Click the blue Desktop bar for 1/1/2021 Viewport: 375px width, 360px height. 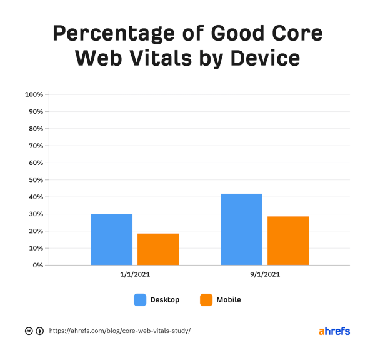pyautogui.click(x=111, y=239)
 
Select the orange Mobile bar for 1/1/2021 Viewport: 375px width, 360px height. pyautogui.click(x=158, y=249)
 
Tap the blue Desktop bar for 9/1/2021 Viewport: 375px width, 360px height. pyautogui.click(x=241, y=229)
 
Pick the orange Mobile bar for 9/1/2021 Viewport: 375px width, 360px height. pyautogui.click(x=288, y=241)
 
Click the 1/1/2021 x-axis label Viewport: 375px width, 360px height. pyautogui.click(x=134, y=274)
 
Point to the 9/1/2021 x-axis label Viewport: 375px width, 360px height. pyautogui.click(x=265, y=274)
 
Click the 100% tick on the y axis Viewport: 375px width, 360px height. pyautogui.click(x=34, y=94)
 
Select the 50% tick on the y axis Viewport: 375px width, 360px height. pyautogui.click(x=35, y=180)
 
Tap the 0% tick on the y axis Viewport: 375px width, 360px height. pyautogui.click(x=37, y=265)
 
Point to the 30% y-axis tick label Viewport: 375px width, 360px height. pyautogui.click(x=35, y=214)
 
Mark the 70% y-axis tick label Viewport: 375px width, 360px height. pyautogui.click(x=35, y=146)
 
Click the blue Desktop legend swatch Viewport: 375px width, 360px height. pyautogui.click(x=140, y=300)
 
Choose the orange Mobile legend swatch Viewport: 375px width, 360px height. pyautogui.click(x=206, y=300)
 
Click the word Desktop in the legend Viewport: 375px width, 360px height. pyautogui.click(x=165, y=300)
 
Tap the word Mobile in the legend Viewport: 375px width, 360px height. pyautogui.click(x=229, y=300)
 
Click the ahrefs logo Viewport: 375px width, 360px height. pyautogui.click(x=334, y=331)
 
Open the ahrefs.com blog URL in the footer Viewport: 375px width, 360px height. pyautogui.click(x=119, y=331)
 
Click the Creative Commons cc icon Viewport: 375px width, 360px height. pyautogui.click(x=28, y=331)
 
